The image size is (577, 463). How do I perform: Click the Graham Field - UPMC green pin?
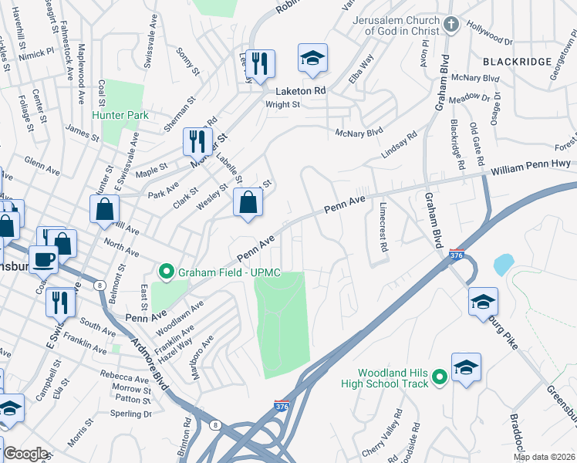tap(166, 272)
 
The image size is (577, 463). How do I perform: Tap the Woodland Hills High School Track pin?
tap(440, 377)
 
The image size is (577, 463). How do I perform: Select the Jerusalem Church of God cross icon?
tap(452, 25)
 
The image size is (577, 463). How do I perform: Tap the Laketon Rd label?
tap(298, 90)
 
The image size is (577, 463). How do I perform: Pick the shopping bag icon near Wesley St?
tap(248, 202)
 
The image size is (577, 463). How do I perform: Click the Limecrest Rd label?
tap(383, 227)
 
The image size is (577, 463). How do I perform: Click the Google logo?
tap(25, 454)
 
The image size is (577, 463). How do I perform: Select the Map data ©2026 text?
tap(544, 457)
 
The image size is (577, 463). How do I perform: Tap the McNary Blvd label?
tap(359, 133)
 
